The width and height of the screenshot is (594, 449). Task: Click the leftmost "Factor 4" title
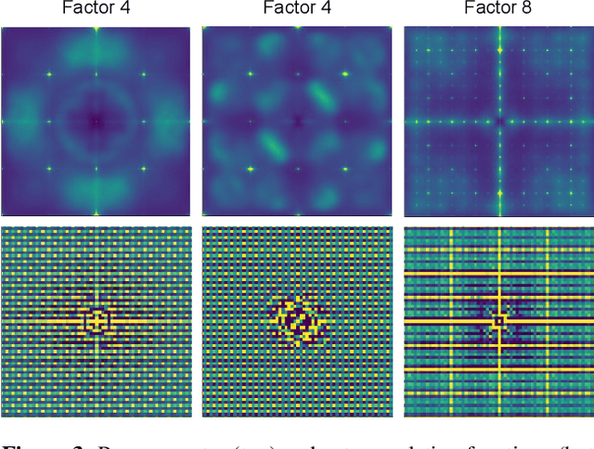click(x=96, y=10)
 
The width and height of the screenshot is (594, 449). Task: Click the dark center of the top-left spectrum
click(x=96, y=121)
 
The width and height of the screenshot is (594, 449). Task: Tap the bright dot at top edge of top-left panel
click(x=96, y=30)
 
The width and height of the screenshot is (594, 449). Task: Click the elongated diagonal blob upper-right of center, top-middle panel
click(x=325, y=96)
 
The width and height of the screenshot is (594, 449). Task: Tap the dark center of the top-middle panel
click(x=297, y=121)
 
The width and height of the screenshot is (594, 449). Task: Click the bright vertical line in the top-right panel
click(x=499, y=65)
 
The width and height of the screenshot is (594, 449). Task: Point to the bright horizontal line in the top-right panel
click(x=445, y=122)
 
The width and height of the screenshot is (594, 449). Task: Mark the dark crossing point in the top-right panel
click(x=499, y=122)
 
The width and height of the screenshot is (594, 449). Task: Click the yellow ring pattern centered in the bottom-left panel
click(x=96, y=321)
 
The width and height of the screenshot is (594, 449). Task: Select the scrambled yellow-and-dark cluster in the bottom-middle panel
click(x=297, y=321)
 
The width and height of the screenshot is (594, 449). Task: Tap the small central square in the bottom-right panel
click(x=499, y=321)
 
